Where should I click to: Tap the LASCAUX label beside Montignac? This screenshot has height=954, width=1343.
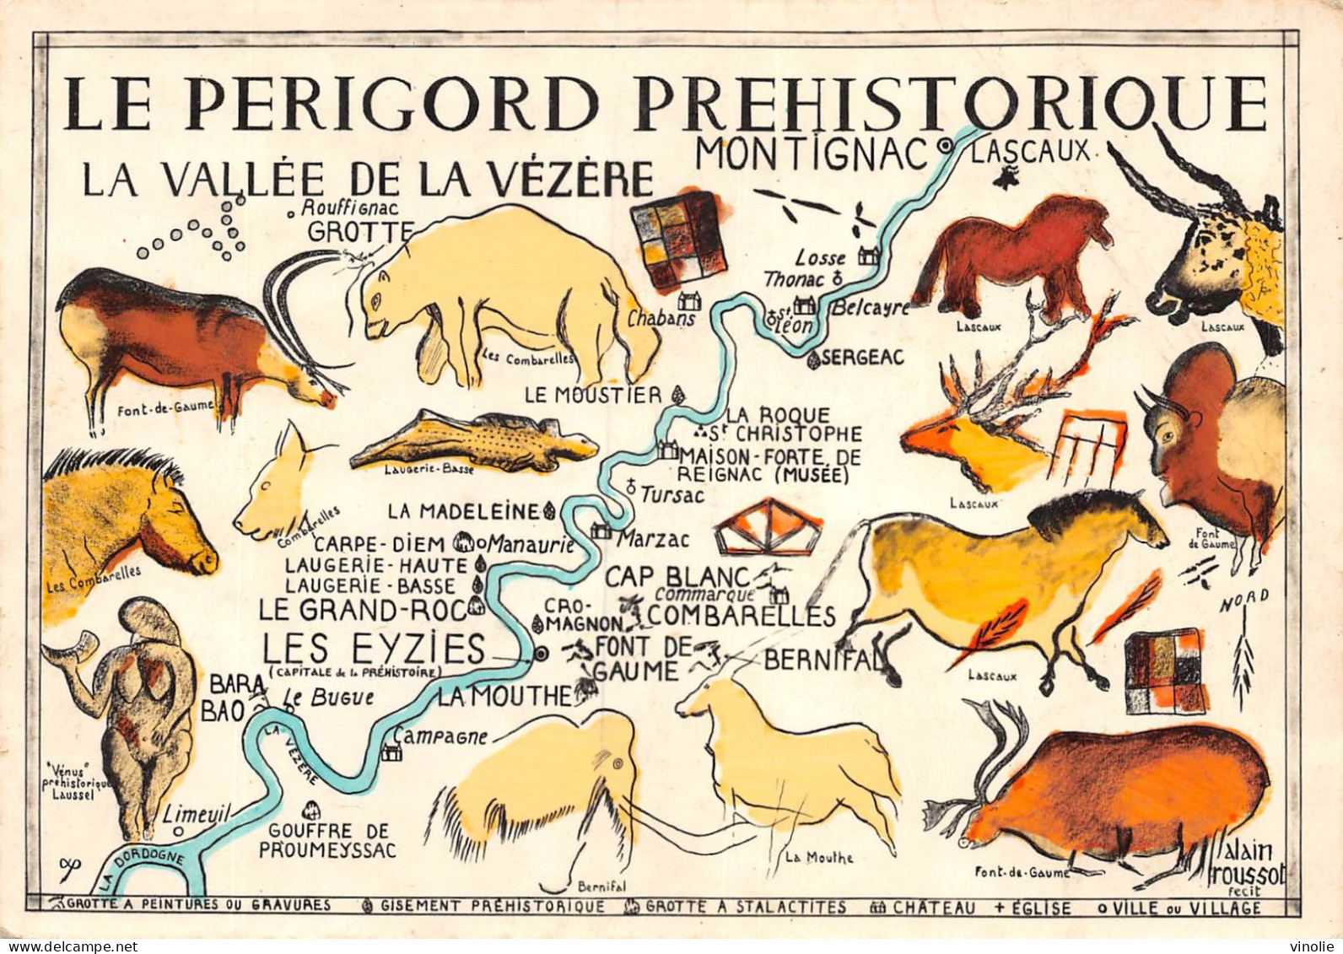1030,152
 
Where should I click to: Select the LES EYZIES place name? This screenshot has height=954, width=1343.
374,649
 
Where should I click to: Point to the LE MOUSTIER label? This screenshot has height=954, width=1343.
593,394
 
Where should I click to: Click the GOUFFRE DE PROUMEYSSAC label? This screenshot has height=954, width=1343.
327,840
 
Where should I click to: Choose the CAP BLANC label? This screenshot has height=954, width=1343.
677,577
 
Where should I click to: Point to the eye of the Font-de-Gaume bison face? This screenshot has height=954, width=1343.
1167,437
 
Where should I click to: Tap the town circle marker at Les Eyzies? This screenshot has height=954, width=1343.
541,653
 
